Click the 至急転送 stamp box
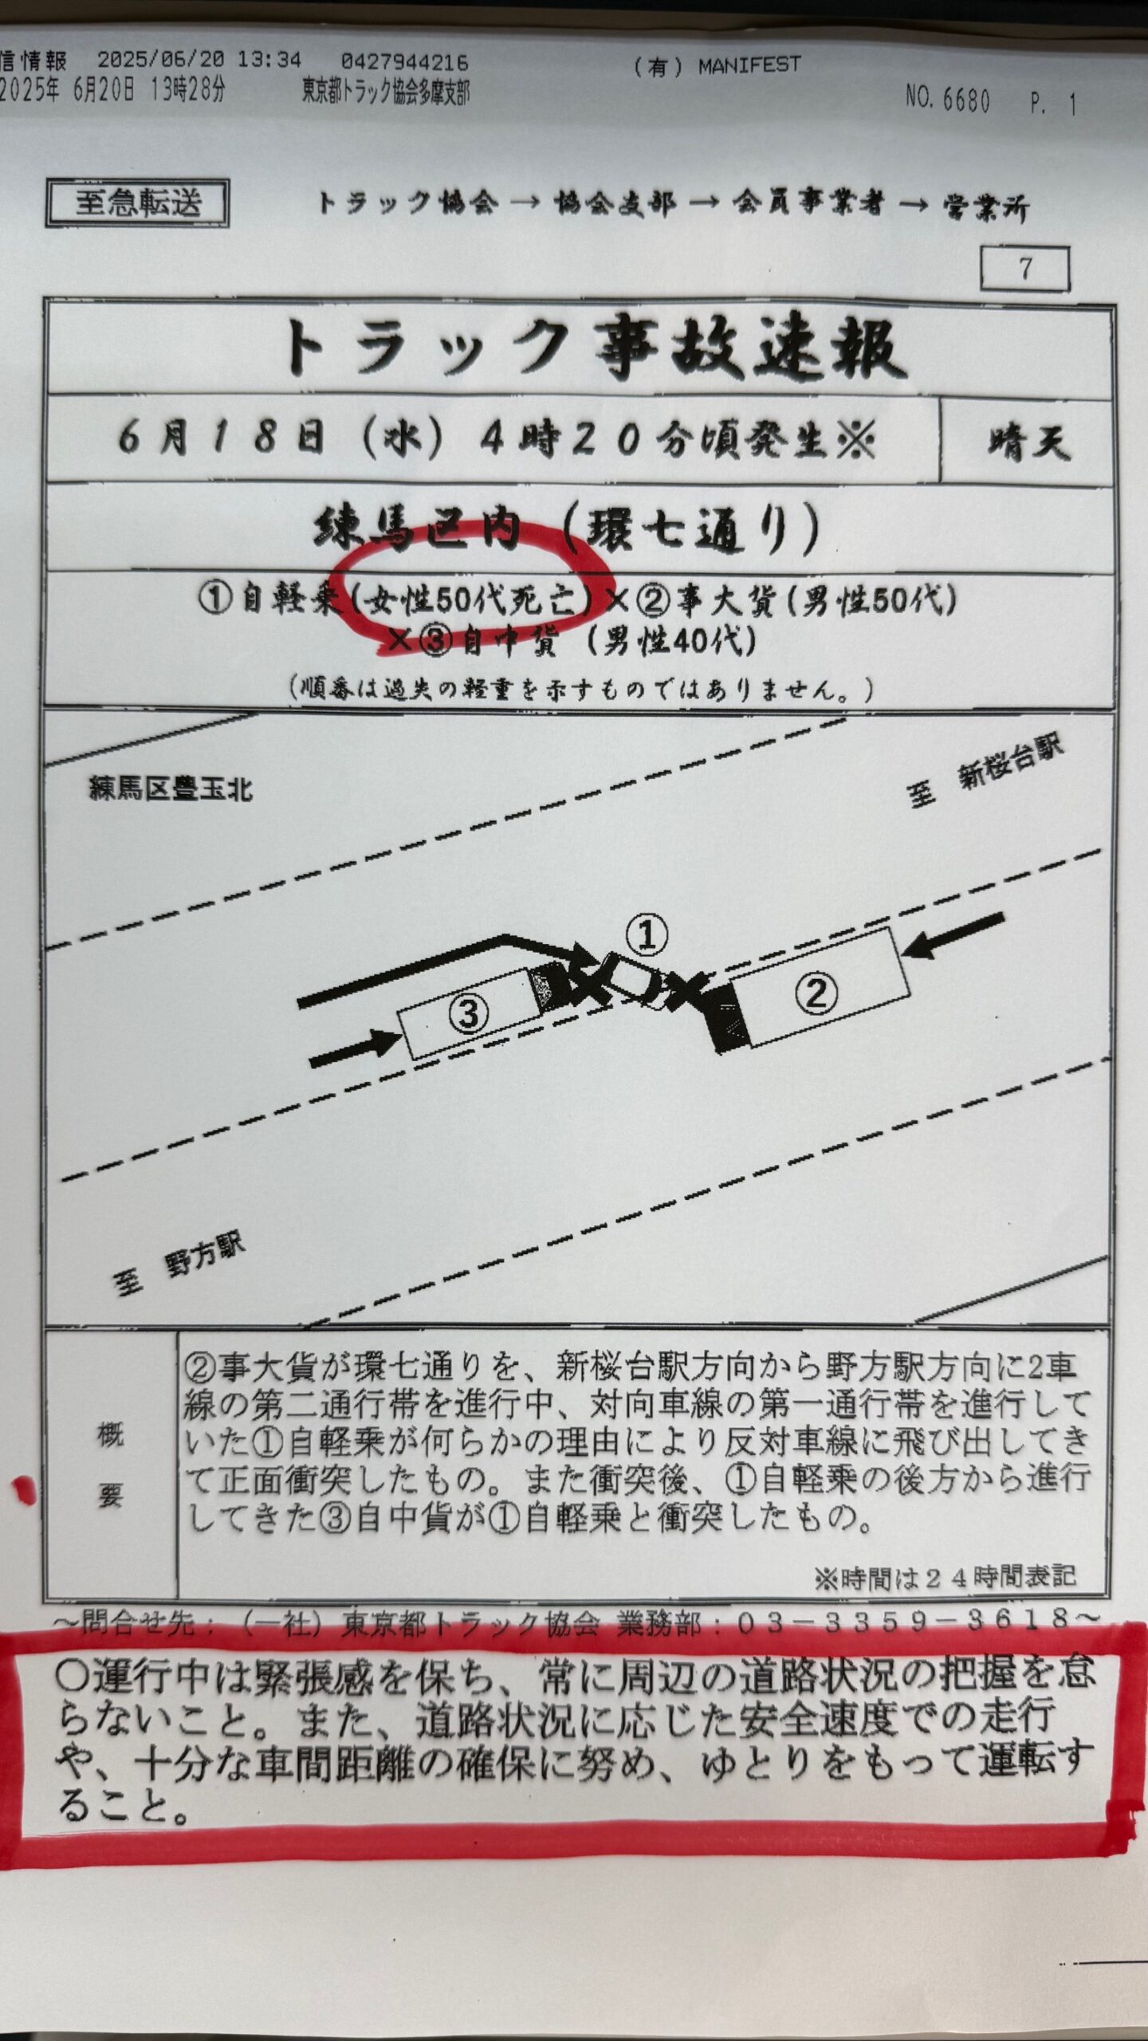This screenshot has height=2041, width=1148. (x=138, y=203)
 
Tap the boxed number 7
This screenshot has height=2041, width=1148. (x=1025, y=269)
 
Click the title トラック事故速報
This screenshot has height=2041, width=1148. (x=594, y=349)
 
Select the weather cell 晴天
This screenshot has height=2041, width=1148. (x=1028, y=442)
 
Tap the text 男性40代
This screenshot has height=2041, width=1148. (x=670, y=640)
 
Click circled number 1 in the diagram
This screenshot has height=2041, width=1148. (x=647, y=934)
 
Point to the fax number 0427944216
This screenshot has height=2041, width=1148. (x=404, y=62)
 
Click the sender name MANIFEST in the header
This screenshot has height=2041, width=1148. (x=749, y=65)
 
